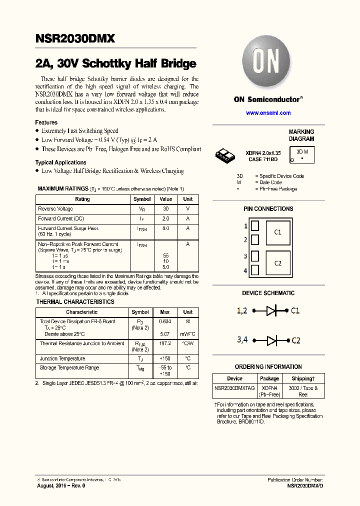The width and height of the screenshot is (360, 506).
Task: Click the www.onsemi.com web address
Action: coord(268,113)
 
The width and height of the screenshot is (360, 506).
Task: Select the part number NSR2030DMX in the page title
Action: coord(75,38)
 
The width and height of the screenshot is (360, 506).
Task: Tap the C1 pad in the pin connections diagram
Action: coord(277,232)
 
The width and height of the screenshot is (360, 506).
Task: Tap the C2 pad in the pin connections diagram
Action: coord(277,263)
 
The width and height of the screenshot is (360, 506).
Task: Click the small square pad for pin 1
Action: coord(254,226)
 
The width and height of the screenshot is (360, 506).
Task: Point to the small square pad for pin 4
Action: coord(254,270)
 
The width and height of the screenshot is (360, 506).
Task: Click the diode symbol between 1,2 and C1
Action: coord(271,310)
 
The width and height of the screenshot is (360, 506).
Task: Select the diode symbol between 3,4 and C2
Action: coord(271,340)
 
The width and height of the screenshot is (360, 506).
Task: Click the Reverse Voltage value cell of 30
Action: coord(166,208)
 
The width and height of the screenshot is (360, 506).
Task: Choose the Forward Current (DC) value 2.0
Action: coord(166,218)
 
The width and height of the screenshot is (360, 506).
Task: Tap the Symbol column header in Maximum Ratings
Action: coord(142,199)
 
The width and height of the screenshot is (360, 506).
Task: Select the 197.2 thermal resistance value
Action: coord(164,344)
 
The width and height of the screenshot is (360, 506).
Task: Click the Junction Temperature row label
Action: coord(62,358)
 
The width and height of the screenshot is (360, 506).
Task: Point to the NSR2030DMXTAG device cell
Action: coord(234,388)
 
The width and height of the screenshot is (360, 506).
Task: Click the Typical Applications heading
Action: coord(60,162)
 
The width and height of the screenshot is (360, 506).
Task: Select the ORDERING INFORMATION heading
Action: coord(268,366)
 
